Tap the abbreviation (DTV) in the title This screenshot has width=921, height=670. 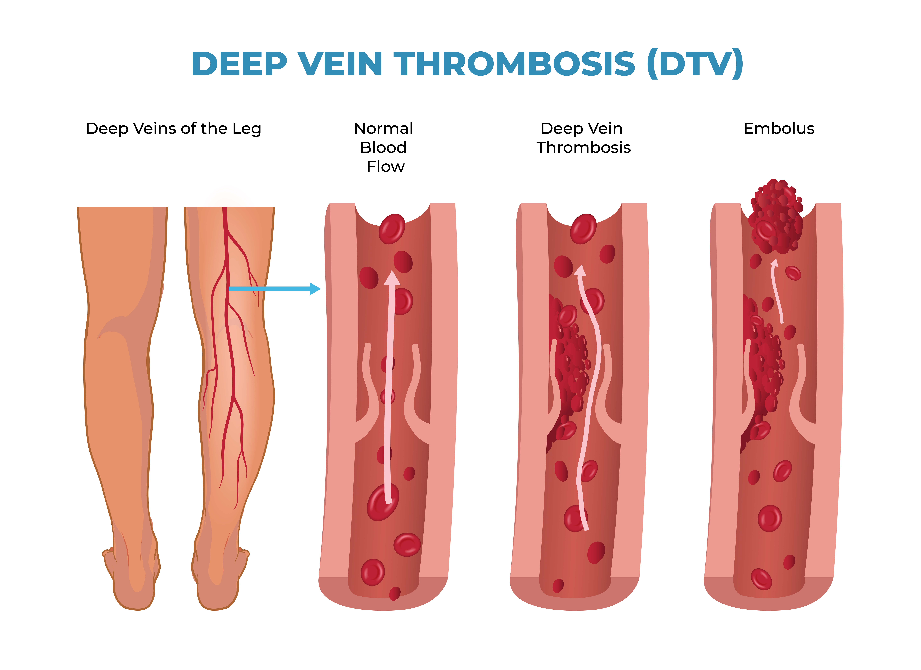pyautogui.click(x=695, y=64)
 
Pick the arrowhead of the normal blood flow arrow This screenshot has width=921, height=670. pyautogui.click(x=392, y=279)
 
